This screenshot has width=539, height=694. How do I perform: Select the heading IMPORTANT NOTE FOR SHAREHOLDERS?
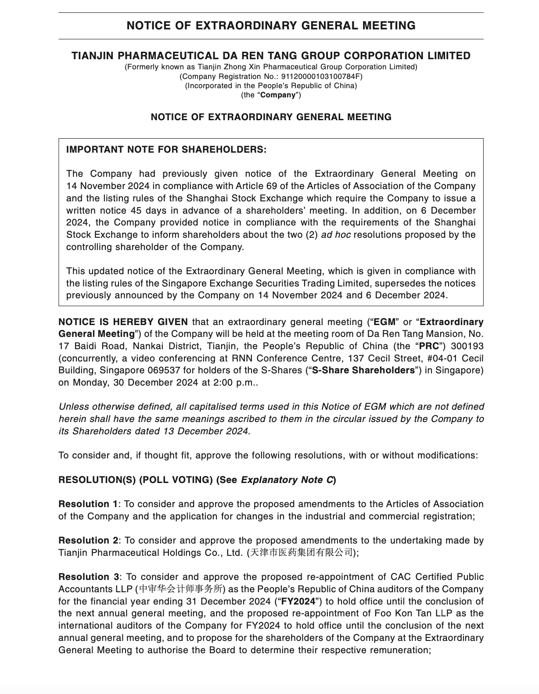pyautogui.click(x=166, y=150)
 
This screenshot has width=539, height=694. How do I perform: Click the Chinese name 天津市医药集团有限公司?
pyautogui.click(x=301, y=553)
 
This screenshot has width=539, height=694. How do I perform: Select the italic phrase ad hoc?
pyautogui.click(x=336, y=235)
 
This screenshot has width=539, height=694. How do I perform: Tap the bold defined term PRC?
pyautogui.click(x=429, y=346)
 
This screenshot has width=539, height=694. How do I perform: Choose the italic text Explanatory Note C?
pyautogui.click(x=287, y=480)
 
